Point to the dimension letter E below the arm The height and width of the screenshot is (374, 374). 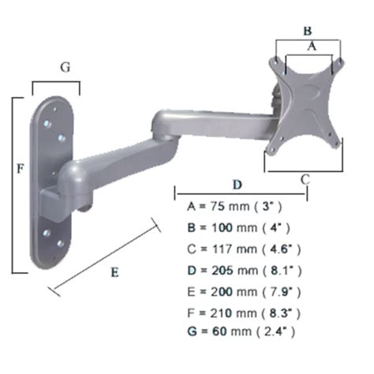pyautogui.click(x=114, y=272)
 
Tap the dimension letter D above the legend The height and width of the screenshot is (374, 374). pyautogui.click(x=237, y=184)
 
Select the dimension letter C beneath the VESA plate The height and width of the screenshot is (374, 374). pyautogui.click(x=305, y=178)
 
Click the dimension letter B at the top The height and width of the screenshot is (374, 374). pyautogui.click(x=307, y=31)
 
